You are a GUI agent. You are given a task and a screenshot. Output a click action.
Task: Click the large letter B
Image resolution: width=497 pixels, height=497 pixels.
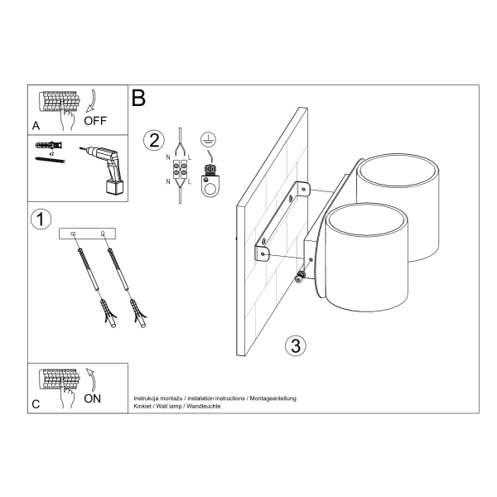[x=138, y=98]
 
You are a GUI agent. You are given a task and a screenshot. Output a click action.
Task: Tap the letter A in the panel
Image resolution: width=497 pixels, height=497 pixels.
[x=36, y=126]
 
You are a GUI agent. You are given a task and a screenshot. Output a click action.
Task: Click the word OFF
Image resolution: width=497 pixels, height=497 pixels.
[x=95, y=121]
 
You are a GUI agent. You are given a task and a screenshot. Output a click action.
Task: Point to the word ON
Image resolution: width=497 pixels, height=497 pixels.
[x=94, y=399]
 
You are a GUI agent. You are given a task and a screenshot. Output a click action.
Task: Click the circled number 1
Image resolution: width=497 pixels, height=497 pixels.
[x=40, y=220]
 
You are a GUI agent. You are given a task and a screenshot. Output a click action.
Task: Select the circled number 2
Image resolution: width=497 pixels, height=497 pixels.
[x=152, y=140]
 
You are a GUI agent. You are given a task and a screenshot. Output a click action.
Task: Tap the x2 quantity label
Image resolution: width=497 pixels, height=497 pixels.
[x=51, y=154]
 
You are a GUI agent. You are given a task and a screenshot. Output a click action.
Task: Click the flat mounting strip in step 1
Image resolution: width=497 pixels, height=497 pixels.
[x=89, y=235]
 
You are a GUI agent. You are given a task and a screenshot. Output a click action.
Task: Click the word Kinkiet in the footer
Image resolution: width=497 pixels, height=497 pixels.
[x=143, y=407]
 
